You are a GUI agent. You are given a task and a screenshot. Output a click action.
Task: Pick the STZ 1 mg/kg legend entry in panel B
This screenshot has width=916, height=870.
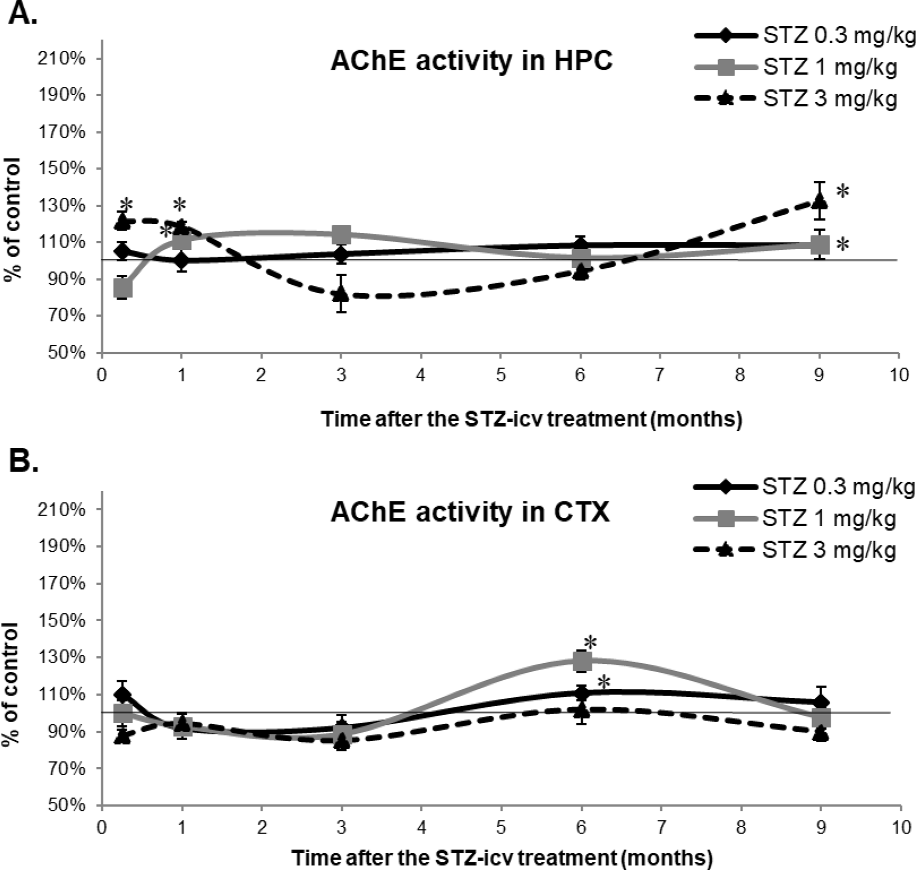coord(794,518)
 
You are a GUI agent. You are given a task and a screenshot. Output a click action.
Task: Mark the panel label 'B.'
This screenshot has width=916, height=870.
coord(23,461)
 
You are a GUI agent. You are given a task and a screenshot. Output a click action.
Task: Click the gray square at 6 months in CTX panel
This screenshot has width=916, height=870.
coord(582,661)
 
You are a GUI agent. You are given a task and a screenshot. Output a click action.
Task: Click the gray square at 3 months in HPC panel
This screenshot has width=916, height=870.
coord(341,234)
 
